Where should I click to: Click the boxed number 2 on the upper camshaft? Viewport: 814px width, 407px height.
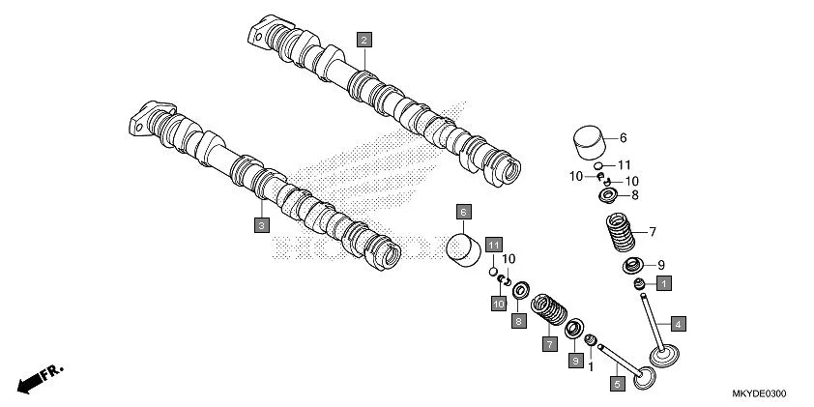coord(363,40)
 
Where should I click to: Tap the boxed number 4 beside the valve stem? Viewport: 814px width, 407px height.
coord(679,323)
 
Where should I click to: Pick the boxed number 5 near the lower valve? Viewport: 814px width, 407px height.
coord(617,383)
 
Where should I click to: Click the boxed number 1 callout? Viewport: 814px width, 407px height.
coord(664,283)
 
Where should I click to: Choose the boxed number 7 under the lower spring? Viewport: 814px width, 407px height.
coord(548,343)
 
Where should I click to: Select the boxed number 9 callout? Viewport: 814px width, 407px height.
coord(575,360)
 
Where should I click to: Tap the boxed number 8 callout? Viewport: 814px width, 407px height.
coord(519,320)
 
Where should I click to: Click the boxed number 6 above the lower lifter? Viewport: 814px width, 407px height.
coord(463,212)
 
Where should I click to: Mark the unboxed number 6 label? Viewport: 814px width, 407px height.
coord(624,137)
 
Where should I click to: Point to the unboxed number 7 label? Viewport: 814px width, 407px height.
coord(653,232)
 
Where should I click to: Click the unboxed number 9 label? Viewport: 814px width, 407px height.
coord(661,265)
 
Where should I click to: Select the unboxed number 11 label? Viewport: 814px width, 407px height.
coord(625,165)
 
